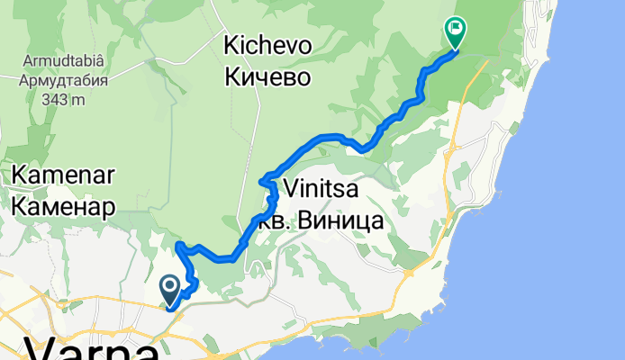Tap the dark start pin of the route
[x=170, y=290]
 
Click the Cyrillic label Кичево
[x=267, y=76]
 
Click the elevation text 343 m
[x=63, y=98]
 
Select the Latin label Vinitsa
[x=322, y=189]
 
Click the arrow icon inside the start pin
[x=170, y=287]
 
